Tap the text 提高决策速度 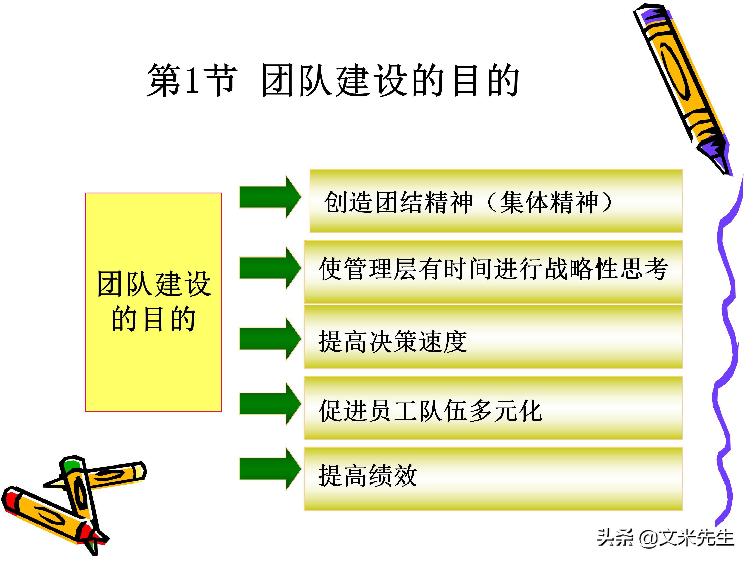[x=393, y=342]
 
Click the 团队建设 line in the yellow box [x=154, y=284]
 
